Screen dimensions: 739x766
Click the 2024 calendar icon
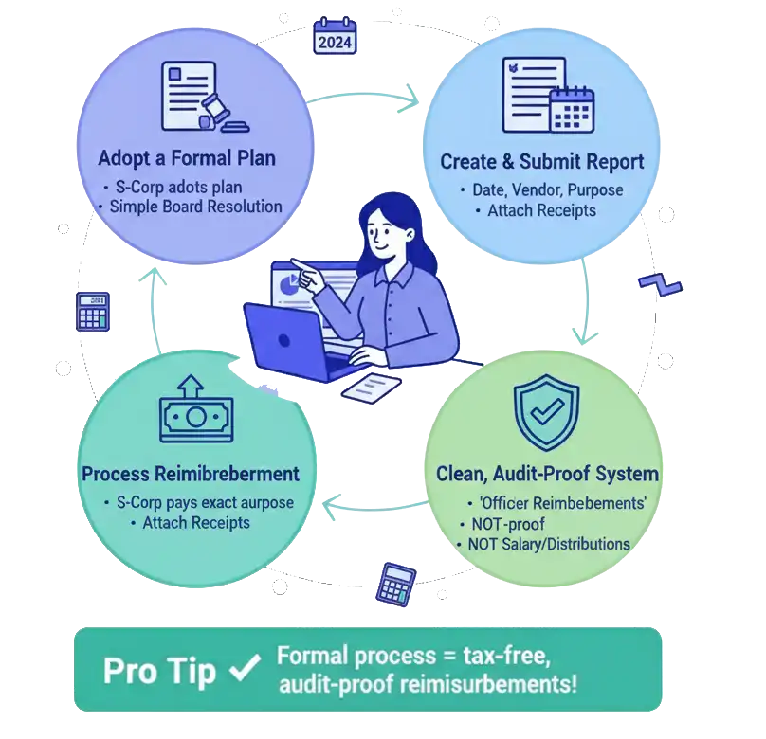point(333,35)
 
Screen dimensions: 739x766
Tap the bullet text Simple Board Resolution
point(195,207)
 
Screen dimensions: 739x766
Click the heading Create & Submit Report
point(541,161)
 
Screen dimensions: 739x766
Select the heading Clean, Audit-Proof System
point(547,472)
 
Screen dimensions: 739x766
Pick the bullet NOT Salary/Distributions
point(548,544)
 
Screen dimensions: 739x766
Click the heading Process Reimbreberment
point(191,473)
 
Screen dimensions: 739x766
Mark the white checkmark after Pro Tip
point(246,668)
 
